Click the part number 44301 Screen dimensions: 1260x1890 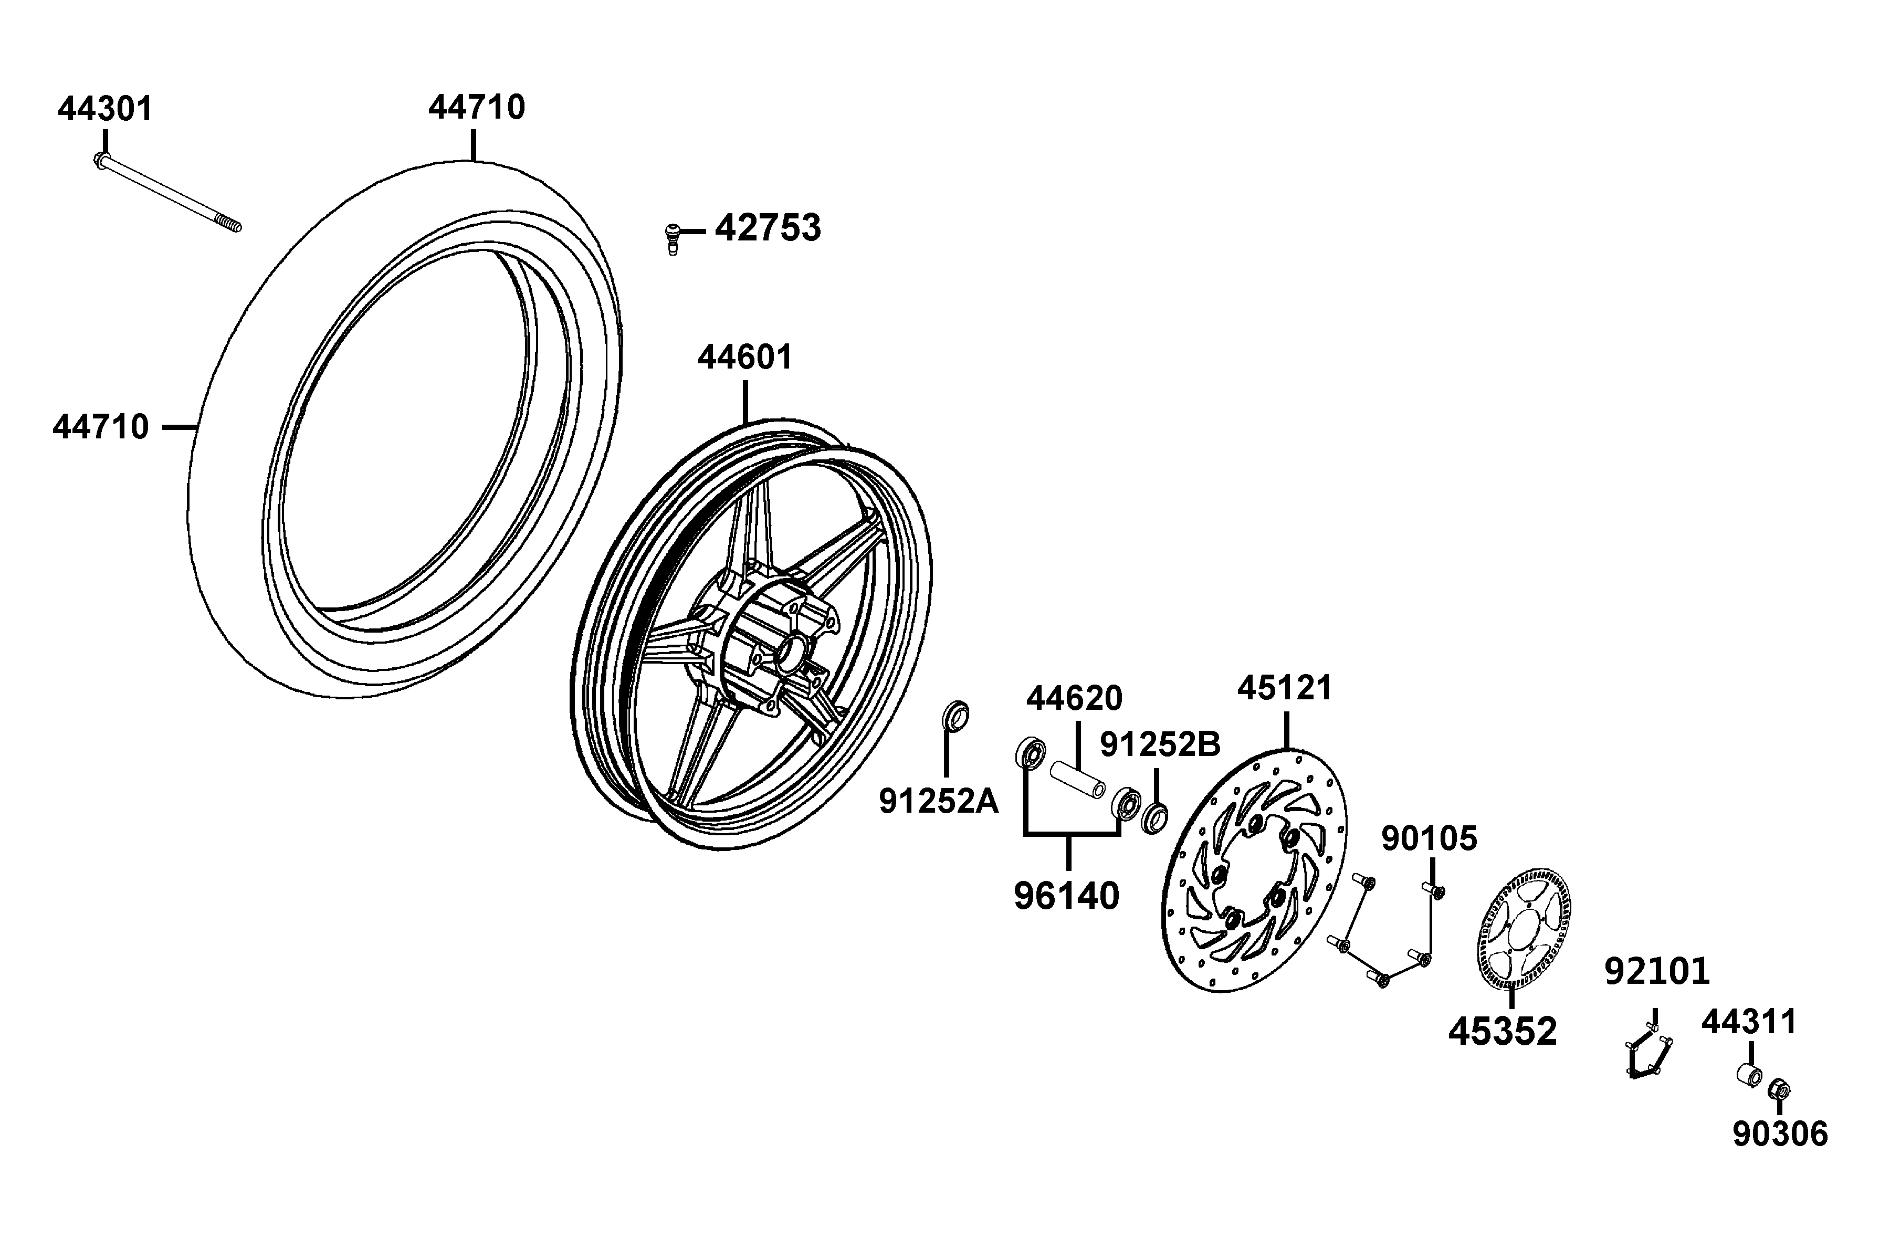(106, 109)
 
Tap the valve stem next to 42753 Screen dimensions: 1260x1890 (673, 237)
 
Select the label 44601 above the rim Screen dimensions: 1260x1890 (745, 358)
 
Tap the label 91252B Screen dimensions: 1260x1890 (1160, 745)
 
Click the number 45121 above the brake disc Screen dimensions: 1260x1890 (1284, 688)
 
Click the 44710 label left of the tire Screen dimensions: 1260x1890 (101, 427)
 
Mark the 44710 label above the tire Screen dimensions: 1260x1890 (477, 107)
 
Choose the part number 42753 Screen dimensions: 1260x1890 (768, 228)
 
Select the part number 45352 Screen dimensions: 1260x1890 (1502, 1031)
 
